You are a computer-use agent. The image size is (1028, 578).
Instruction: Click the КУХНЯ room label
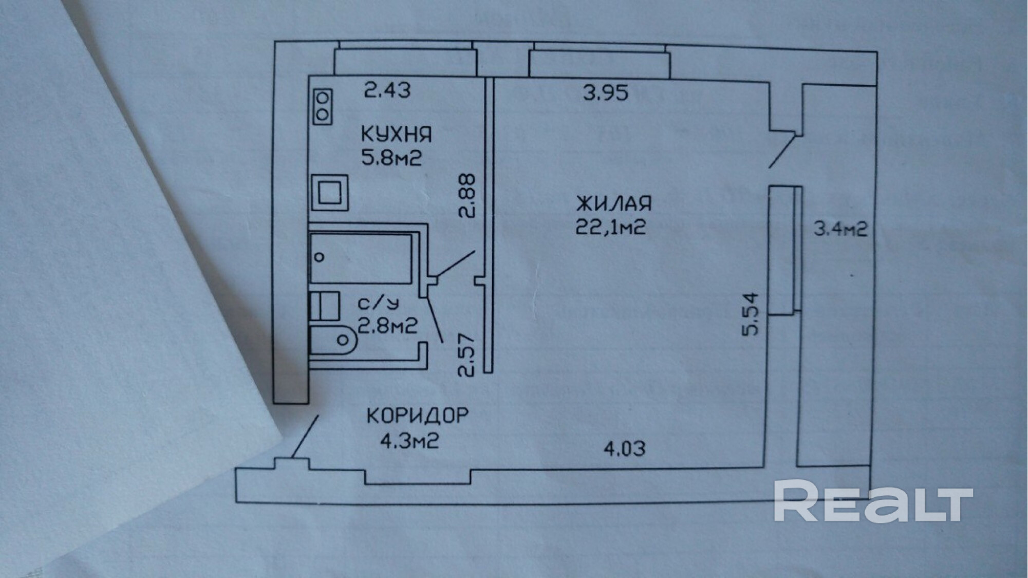coord(396,135)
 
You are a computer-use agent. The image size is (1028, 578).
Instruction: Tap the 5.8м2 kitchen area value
coord(391,158)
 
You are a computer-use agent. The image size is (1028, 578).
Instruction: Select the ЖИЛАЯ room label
coord(613,204)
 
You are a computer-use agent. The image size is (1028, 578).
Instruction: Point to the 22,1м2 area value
coord(610,227)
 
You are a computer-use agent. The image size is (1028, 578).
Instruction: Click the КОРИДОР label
coord(417,416)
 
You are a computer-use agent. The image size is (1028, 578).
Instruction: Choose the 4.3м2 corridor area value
coord(409,441)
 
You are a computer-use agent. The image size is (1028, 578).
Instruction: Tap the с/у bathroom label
coord(378,304)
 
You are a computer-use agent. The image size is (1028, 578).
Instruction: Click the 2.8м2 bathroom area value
coord(387,326)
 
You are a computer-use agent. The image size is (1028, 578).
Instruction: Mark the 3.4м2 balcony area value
coord(840,229)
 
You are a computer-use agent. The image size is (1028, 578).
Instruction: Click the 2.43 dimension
coord(387,91)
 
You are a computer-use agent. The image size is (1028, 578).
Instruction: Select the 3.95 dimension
coord(606,93)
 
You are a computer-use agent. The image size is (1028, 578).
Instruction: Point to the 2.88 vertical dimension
coord(468,196)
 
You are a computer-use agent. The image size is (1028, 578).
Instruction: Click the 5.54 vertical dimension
coord(750,314)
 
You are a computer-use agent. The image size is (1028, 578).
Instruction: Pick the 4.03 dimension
coord(624,449)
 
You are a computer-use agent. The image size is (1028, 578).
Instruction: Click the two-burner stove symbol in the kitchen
coord(323,106)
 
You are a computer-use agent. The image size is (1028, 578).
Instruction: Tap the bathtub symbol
coord(361,258)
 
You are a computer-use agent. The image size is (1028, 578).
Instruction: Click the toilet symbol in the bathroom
coord(334,340)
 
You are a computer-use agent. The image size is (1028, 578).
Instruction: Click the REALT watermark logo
coord(873,500)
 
